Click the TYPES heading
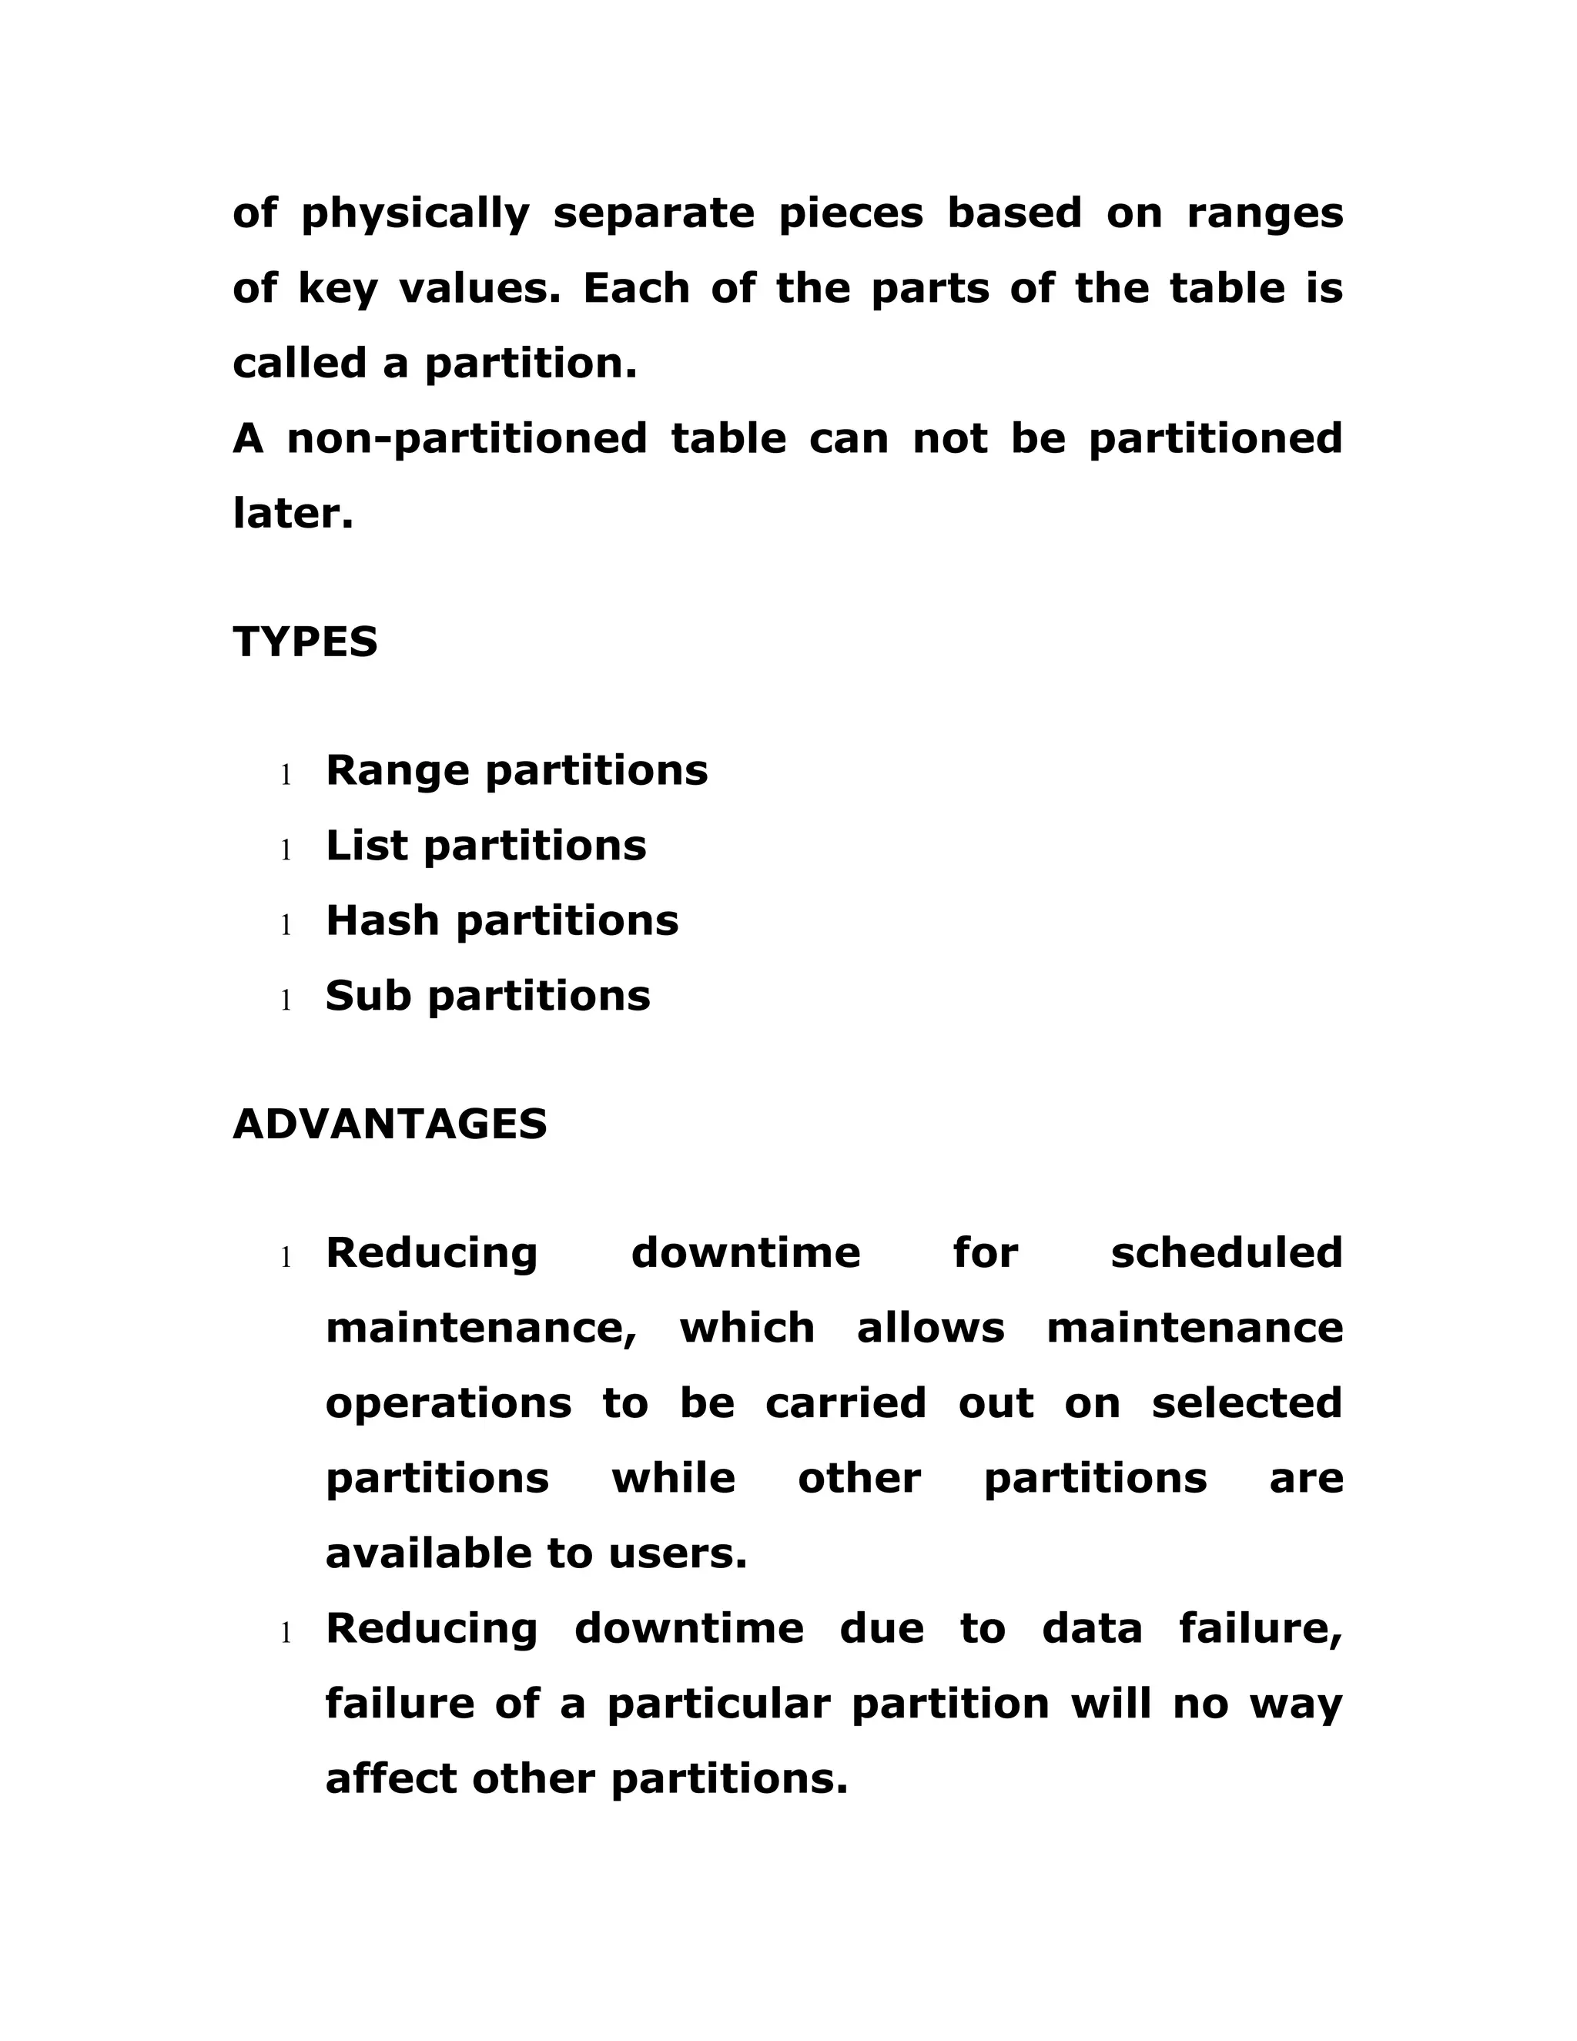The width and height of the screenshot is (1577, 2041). tap(305, 642)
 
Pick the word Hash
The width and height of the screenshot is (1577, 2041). tap(382, 920)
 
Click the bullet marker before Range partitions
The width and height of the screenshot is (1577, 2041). tap(286, 775)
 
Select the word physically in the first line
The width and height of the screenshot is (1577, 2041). tap(415, 215)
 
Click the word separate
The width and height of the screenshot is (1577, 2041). tap(654, 213)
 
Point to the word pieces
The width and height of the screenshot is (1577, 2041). tap(850, 213)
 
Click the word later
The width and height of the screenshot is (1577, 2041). tap(293, 513)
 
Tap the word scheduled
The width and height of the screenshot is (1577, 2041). tap(1226, 1253)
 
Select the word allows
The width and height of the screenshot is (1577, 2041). tap(930, 1328)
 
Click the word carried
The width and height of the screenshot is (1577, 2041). tap(845, 1403)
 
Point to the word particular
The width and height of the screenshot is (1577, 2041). tap(718, 1704)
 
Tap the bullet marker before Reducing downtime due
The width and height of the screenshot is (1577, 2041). tap(286, 1634)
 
